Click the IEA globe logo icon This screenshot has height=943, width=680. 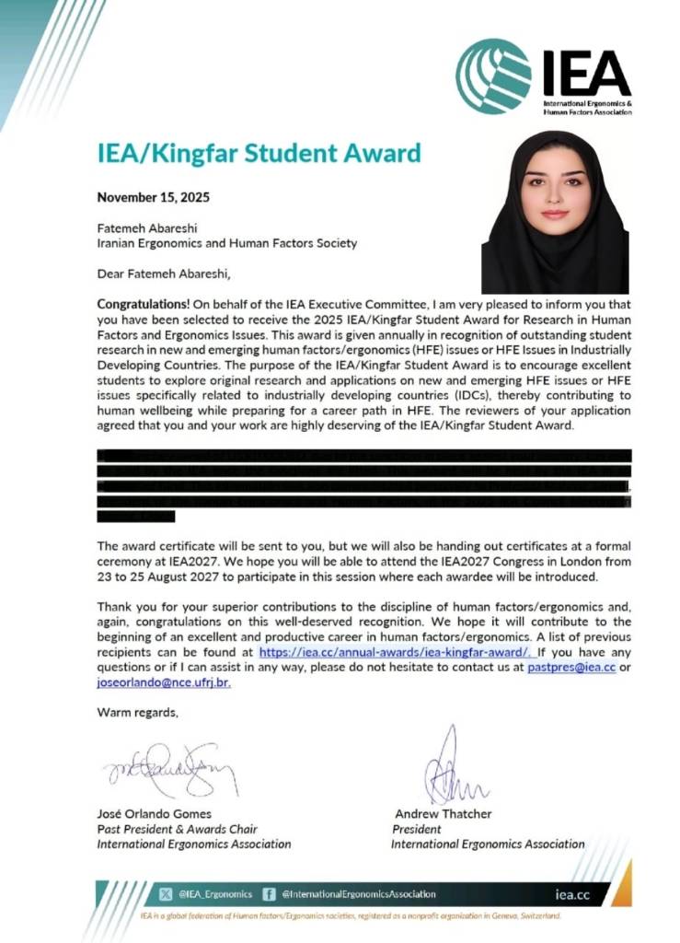[x=493, y=76]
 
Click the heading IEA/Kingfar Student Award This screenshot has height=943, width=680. [x=259, y=153]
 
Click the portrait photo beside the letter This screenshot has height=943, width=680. [x=555, y=213]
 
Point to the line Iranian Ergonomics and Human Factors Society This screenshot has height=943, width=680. [x=226, y=244]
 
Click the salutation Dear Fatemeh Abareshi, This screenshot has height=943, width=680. [x=164, y=274]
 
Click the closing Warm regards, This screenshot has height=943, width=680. [x=138, y=712]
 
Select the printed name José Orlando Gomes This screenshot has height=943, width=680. [x=154, y=814]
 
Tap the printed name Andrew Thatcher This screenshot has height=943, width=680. [x=443, y=814]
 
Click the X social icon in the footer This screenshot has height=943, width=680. [x=166, y=893]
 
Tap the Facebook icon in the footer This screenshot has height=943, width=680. [x=270, y=893]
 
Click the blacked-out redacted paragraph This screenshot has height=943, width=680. [x=363, y=483]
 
